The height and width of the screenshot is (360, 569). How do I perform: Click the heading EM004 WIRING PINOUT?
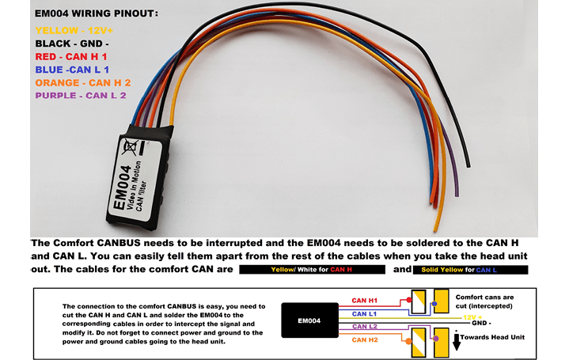pyautogui.click(x=97, y=13)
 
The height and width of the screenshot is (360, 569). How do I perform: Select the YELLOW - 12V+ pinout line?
pyautogui.click(x=74, y=31)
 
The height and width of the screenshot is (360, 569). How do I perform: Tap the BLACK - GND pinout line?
pyautogui.click(x=72, y=44)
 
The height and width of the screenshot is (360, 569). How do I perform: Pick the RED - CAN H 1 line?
pyautogui.click(x=71, y=57)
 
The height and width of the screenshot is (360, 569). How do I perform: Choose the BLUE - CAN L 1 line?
pyautogui.click(x=72, y=70)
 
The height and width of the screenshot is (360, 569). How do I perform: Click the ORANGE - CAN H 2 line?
pyautogui.click(x=83, y=83)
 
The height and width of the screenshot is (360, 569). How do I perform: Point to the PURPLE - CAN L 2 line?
pyautogui.click(x=81, y=96)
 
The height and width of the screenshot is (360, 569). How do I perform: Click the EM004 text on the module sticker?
pyautogui.click(x=122, y=188)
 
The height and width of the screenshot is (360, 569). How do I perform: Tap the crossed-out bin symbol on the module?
pyautogui.click(x=130, y=146)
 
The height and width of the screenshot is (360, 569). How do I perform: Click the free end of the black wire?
pyautogui.click(x=468, y=166)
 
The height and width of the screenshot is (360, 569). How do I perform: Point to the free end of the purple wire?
pyautogui.click(x=457, y=195)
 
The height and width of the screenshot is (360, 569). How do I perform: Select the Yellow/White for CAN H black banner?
pyautogui.click(x=312, y=270)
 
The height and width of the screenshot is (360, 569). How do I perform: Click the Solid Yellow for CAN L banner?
pyautogui.click(x=470, y=270)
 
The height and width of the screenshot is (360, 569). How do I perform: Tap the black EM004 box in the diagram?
pyautogui.click(x=309, y=320)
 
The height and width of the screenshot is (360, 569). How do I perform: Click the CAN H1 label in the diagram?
pyautogui.click(x=364, y=301)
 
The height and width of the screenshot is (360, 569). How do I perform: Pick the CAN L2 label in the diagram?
pyautogui.click(x=365, y=327)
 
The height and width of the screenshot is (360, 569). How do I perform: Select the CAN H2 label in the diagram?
pyautogui.click(x=365, y=340)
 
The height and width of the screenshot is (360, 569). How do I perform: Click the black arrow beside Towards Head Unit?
pyautogui.click(x=457, y=342)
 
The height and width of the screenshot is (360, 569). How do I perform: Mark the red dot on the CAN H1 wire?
pyautogui.click(x=409, y=300)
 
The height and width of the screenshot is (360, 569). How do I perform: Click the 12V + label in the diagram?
pyautogui.click(x=472, y=317)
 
